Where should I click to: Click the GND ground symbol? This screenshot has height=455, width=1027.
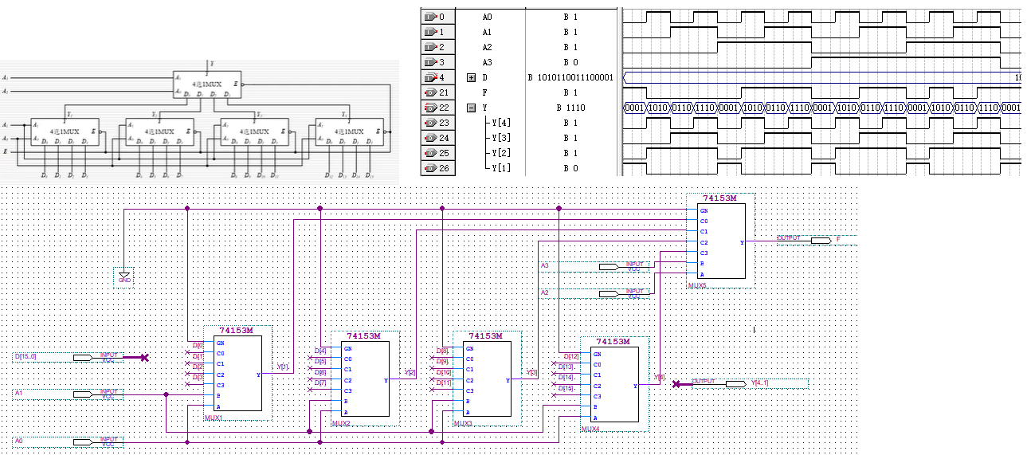(124, 277)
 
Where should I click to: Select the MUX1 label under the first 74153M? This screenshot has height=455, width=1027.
(214, 418)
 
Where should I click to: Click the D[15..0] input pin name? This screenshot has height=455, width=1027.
(25, 357)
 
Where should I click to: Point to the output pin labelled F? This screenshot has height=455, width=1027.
(837, 238)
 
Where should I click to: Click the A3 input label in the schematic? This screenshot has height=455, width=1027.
(545, 265)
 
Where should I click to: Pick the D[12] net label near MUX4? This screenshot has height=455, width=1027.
(572, 356)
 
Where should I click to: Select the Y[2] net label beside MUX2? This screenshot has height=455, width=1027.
(410, 372)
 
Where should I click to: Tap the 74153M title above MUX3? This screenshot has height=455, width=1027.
(486, 336)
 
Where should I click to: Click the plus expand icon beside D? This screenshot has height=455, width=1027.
(471, 77)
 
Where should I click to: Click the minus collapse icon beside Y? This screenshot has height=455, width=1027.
(471, 108)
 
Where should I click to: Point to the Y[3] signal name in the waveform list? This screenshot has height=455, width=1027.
(501, 138)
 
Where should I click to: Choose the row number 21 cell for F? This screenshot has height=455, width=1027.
(445, 92)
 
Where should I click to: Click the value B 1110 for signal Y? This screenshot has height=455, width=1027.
(570, 108)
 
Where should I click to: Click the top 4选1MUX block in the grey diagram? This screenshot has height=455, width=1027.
(206, 83)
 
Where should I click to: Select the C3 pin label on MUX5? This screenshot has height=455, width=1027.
(704, 253)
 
